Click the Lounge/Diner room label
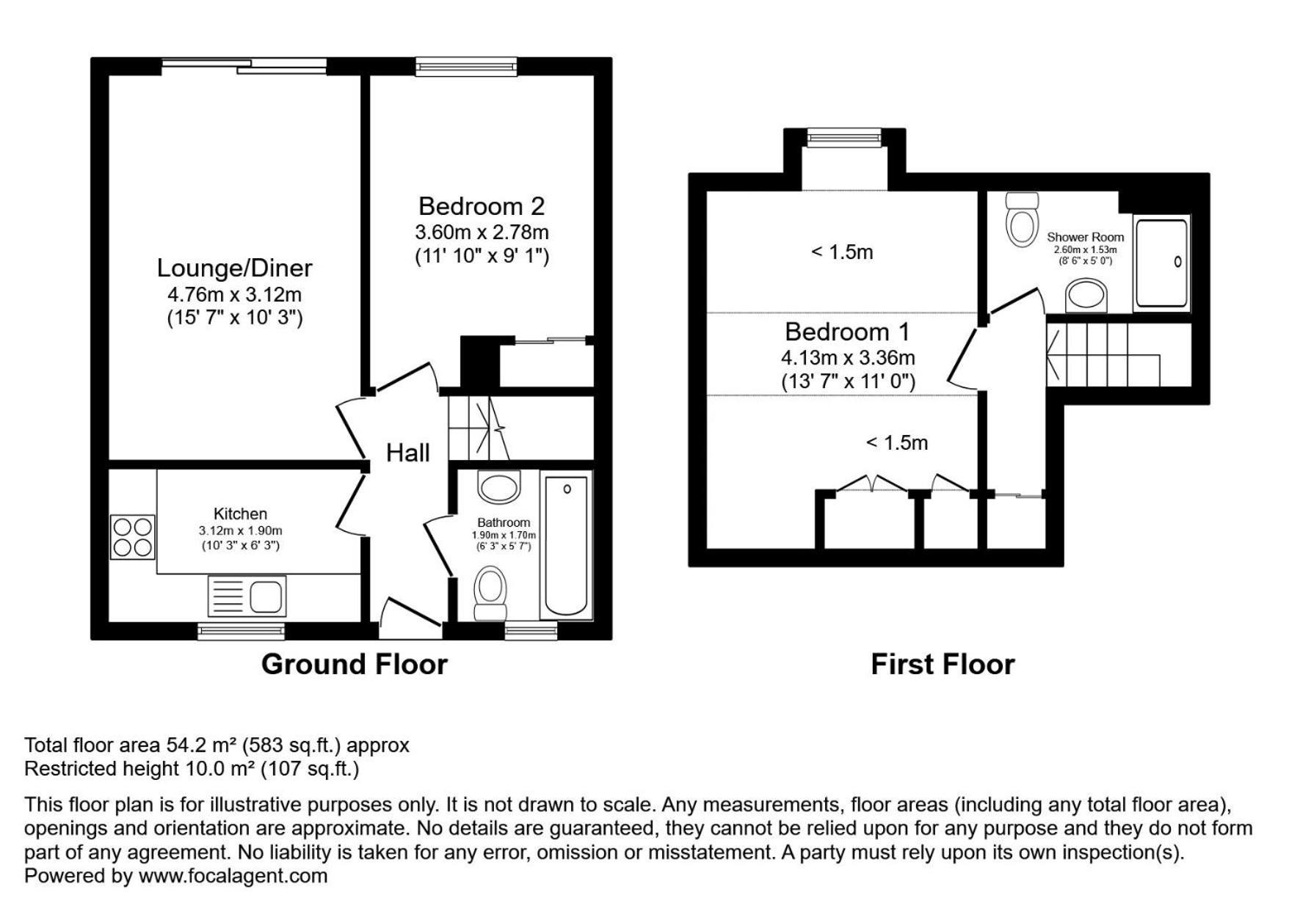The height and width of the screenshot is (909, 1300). [x=235, y=268]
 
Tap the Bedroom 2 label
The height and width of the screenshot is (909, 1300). [x=482, y=206]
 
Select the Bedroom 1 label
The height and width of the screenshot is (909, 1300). [x=847, y=332]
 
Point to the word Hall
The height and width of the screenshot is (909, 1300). [x=407, y=453]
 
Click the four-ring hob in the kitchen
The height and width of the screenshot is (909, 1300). [x=133, y=537]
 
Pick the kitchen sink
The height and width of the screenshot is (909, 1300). [x=247, y=596]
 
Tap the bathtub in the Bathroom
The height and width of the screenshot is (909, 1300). [x=566, y=547]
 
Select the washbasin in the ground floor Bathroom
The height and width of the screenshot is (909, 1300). [x=498, y=486]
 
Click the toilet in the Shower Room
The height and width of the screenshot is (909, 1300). [x=1023, y=219]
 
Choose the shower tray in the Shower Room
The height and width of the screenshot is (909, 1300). [x=1161, y=263]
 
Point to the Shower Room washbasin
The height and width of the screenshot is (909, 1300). [x=1086, y=296]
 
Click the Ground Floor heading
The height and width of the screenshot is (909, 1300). [x=355, y=664]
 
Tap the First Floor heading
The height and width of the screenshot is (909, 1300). [x=943, y=664]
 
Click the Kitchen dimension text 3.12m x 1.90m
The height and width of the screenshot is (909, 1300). [x=240, y=530]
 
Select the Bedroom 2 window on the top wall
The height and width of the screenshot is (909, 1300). [x=466, y=67]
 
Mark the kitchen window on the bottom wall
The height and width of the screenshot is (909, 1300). [x=242, y=631]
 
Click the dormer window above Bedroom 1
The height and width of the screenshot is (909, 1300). [x=843, y=137]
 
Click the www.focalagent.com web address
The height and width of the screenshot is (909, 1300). [x=233, y=875]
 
